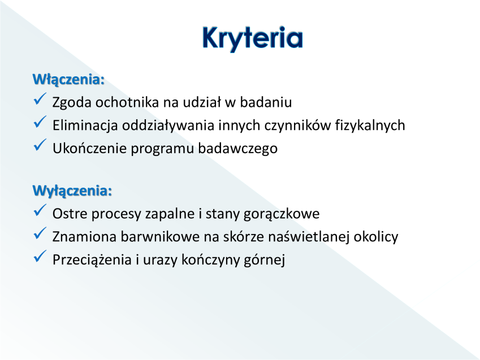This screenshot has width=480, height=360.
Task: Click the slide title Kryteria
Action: click(x=253, y=38)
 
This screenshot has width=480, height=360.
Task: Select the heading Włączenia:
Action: click(x=68, y=80)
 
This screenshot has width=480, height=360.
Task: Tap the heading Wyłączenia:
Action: click(x=72, y=191)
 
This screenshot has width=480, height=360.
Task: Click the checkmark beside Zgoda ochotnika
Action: click(x=40, y=99)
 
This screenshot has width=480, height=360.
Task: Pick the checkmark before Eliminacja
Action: click(x=40, y=122)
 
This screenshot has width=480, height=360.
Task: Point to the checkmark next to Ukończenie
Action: click(x=40, y=145)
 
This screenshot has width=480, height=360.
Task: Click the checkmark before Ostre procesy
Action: click(x=40, y=211)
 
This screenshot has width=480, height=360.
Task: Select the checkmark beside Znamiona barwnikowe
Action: click(x=40, y=233)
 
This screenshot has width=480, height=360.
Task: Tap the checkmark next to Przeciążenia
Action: click(x=40, y=257)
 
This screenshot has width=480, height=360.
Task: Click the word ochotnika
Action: click(x=127, y=102)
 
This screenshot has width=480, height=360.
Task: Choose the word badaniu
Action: click(x=266, y=102)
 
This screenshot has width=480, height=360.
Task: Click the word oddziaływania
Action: click(x=168, y=126)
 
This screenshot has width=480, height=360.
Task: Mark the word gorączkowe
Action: click(x=282, y=214)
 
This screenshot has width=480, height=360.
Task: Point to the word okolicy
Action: click(x=376, y=237)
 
